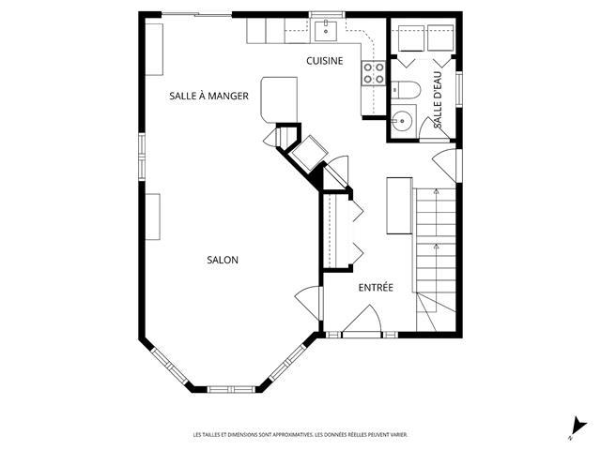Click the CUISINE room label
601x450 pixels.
(x=324, y=61)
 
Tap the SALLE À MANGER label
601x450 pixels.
(x=208, y=96)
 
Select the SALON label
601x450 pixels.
(x=223, y=261)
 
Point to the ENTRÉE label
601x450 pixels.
(x=376, y=288)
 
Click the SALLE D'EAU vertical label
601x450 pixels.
(x=438, y=100)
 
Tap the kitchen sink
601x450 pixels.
(x=326, y=31)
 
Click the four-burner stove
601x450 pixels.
(x=374, y=73)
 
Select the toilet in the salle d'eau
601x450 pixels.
(x=406, y=90)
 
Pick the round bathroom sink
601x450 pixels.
(x=401, y=121)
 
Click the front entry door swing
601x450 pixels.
(x=362, y=319)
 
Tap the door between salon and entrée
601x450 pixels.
(x=307, y=303)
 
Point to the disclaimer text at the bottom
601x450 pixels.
(x=300, y=435)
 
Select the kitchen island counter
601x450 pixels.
(x=279, y=100)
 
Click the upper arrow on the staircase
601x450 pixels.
(x=436, y=191)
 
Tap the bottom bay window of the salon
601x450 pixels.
(x=231, y=390)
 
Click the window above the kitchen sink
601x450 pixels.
(x=326, y=15)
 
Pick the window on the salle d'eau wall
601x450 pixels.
(x=459, y=89)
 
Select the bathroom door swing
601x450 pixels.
(x=434, y=128)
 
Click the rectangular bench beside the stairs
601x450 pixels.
(x=399, y=205)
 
